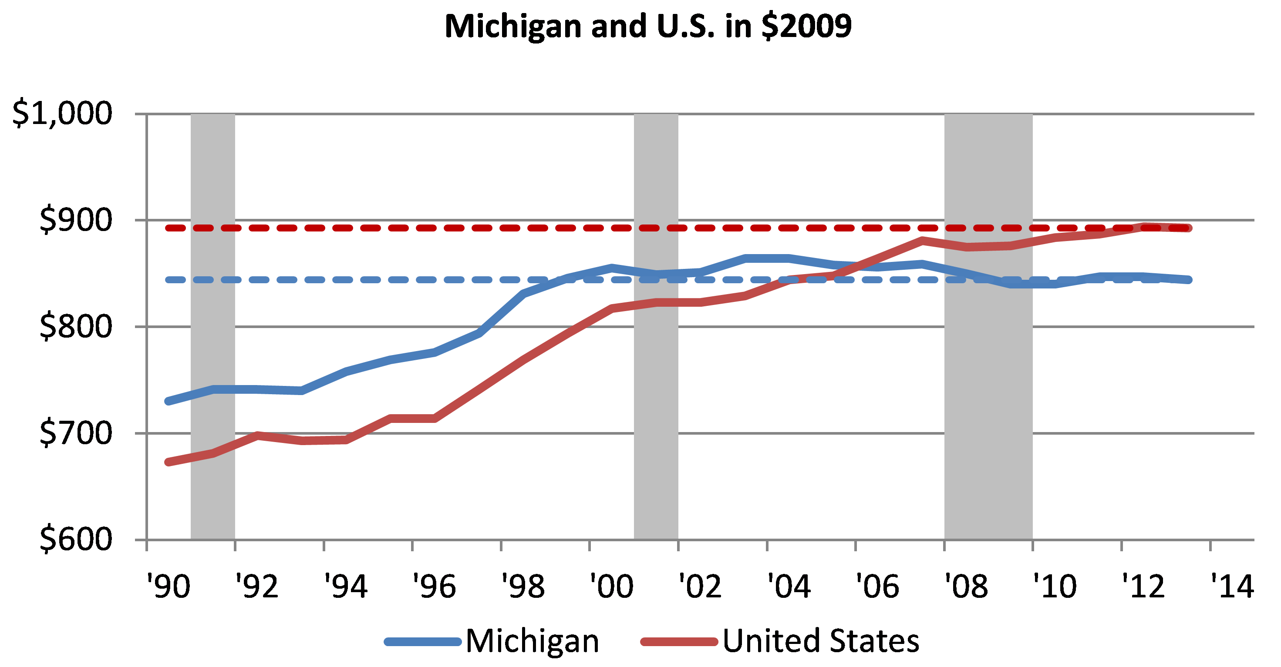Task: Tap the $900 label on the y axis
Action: pos(76,220)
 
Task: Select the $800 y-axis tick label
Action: pos(76,327)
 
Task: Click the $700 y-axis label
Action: pos(76,433)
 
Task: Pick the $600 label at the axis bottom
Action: pos(76,539)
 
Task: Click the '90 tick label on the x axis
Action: pos(168,587)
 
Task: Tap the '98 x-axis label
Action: pos(523,587)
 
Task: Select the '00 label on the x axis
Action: pos(611,587)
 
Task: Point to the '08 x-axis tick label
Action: pos(966,587)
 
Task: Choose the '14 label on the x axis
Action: pos(1232,587)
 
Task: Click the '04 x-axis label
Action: pos(789,587)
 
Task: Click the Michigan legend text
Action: pos(532,641)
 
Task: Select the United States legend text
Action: pos(820,641)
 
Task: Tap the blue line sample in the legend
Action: pos(423,642)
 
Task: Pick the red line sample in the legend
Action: pos(679,642)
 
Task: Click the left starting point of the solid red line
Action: pos(169,462)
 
